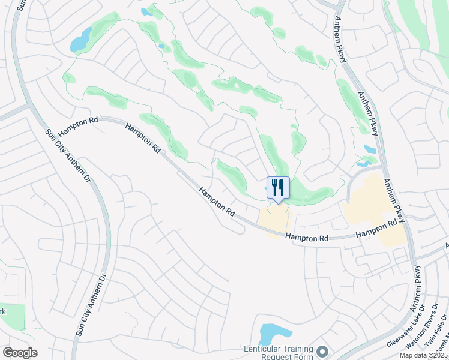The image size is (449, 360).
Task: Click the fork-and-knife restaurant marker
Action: tap(277, 188)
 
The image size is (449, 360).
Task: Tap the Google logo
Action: tap(20, 352)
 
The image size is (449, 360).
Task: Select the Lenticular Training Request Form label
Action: tap(279, 353)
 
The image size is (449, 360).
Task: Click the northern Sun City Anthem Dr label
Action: tap(66, 159)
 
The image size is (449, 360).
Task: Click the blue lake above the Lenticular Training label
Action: tap(275, 333)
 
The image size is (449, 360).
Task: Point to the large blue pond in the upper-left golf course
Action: tap(80, 41)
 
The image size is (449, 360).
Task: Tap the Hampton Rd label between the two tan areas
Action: tap(307, 238)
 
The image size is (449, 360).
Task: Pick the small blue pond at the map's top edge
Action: tap(146, 11)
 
